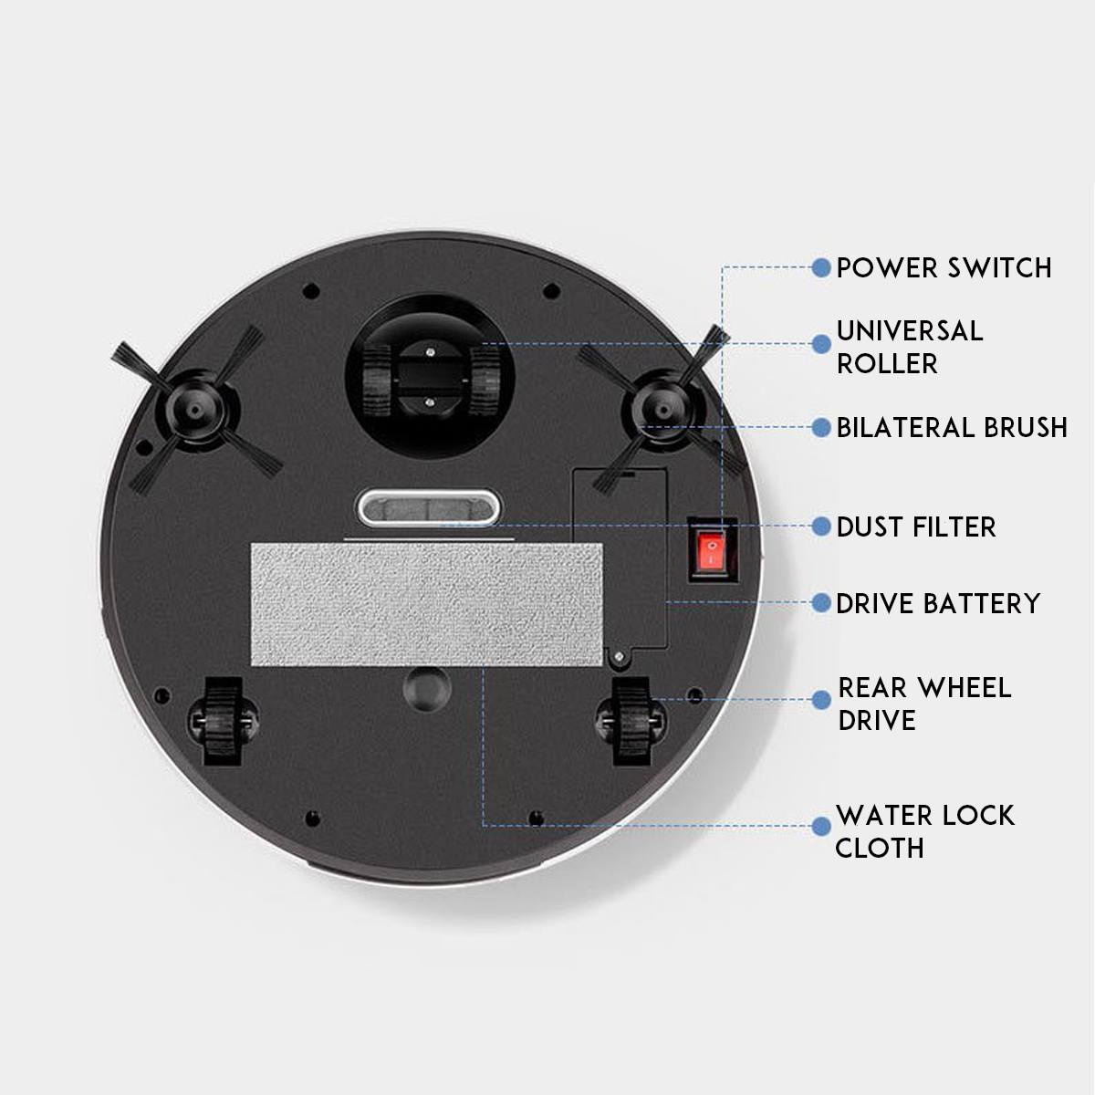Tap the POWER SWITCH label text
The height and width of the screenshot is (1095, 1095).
tap(944, 267)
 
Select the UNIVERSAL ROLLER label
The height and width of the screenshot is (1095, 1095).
tap(910, 347)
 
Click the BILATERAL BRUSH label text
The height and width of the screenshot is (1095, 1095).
tap(952, 427)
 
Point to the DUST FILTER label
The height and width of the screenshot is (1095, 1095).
tap(916, 527)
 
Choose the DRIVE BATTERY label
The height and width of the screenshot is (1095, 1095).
tap(938, 603)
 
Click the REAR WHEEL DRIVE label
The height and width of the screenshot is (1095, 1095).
tap(924, 704)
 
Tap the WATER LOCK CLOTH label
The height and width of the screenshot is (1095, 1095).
tap(924, 831)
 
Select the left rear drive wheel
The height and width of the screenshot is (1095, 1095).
tap(216, 720)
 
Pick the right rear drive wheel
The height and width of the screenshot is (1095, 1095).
tap(628, 720)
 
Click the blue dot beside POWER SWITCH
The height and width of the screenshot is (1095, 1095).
tap(821, 267)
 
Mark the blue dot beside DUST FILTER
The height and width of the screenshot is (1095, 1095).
tap(821, 527)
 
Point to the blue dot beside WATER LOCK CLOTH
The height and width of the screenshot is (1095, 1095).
tap(821, 825)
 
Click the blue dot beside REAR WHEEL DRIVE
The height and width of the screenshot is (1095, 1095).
tap(821, 699)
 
